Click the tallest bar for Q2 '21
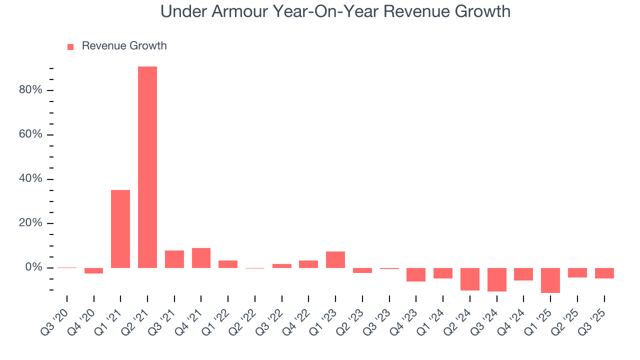(147, 167)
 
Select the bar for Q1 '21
(120, 229)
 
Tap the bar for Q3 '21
(174, 259)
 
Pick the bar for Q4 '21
(201, 258)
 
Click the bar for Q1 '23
(335, 259)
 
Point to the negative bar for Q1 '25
(550, 280)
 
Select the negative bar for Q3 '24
(496, 279)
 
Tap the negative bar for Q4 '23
(416, 274)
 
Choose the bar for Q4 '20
(93, 270)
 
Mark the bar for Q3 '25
(604, 273)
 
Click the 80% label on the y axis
(30, 90)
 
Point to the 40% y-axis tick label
(30, 179)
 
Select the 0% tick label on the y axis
(33, 267)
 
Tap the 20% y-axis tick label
(30, 223)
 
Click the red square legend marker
(70, 46)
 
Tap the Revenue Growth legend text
(124, 46)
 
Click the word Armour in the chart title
(237, 11)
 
